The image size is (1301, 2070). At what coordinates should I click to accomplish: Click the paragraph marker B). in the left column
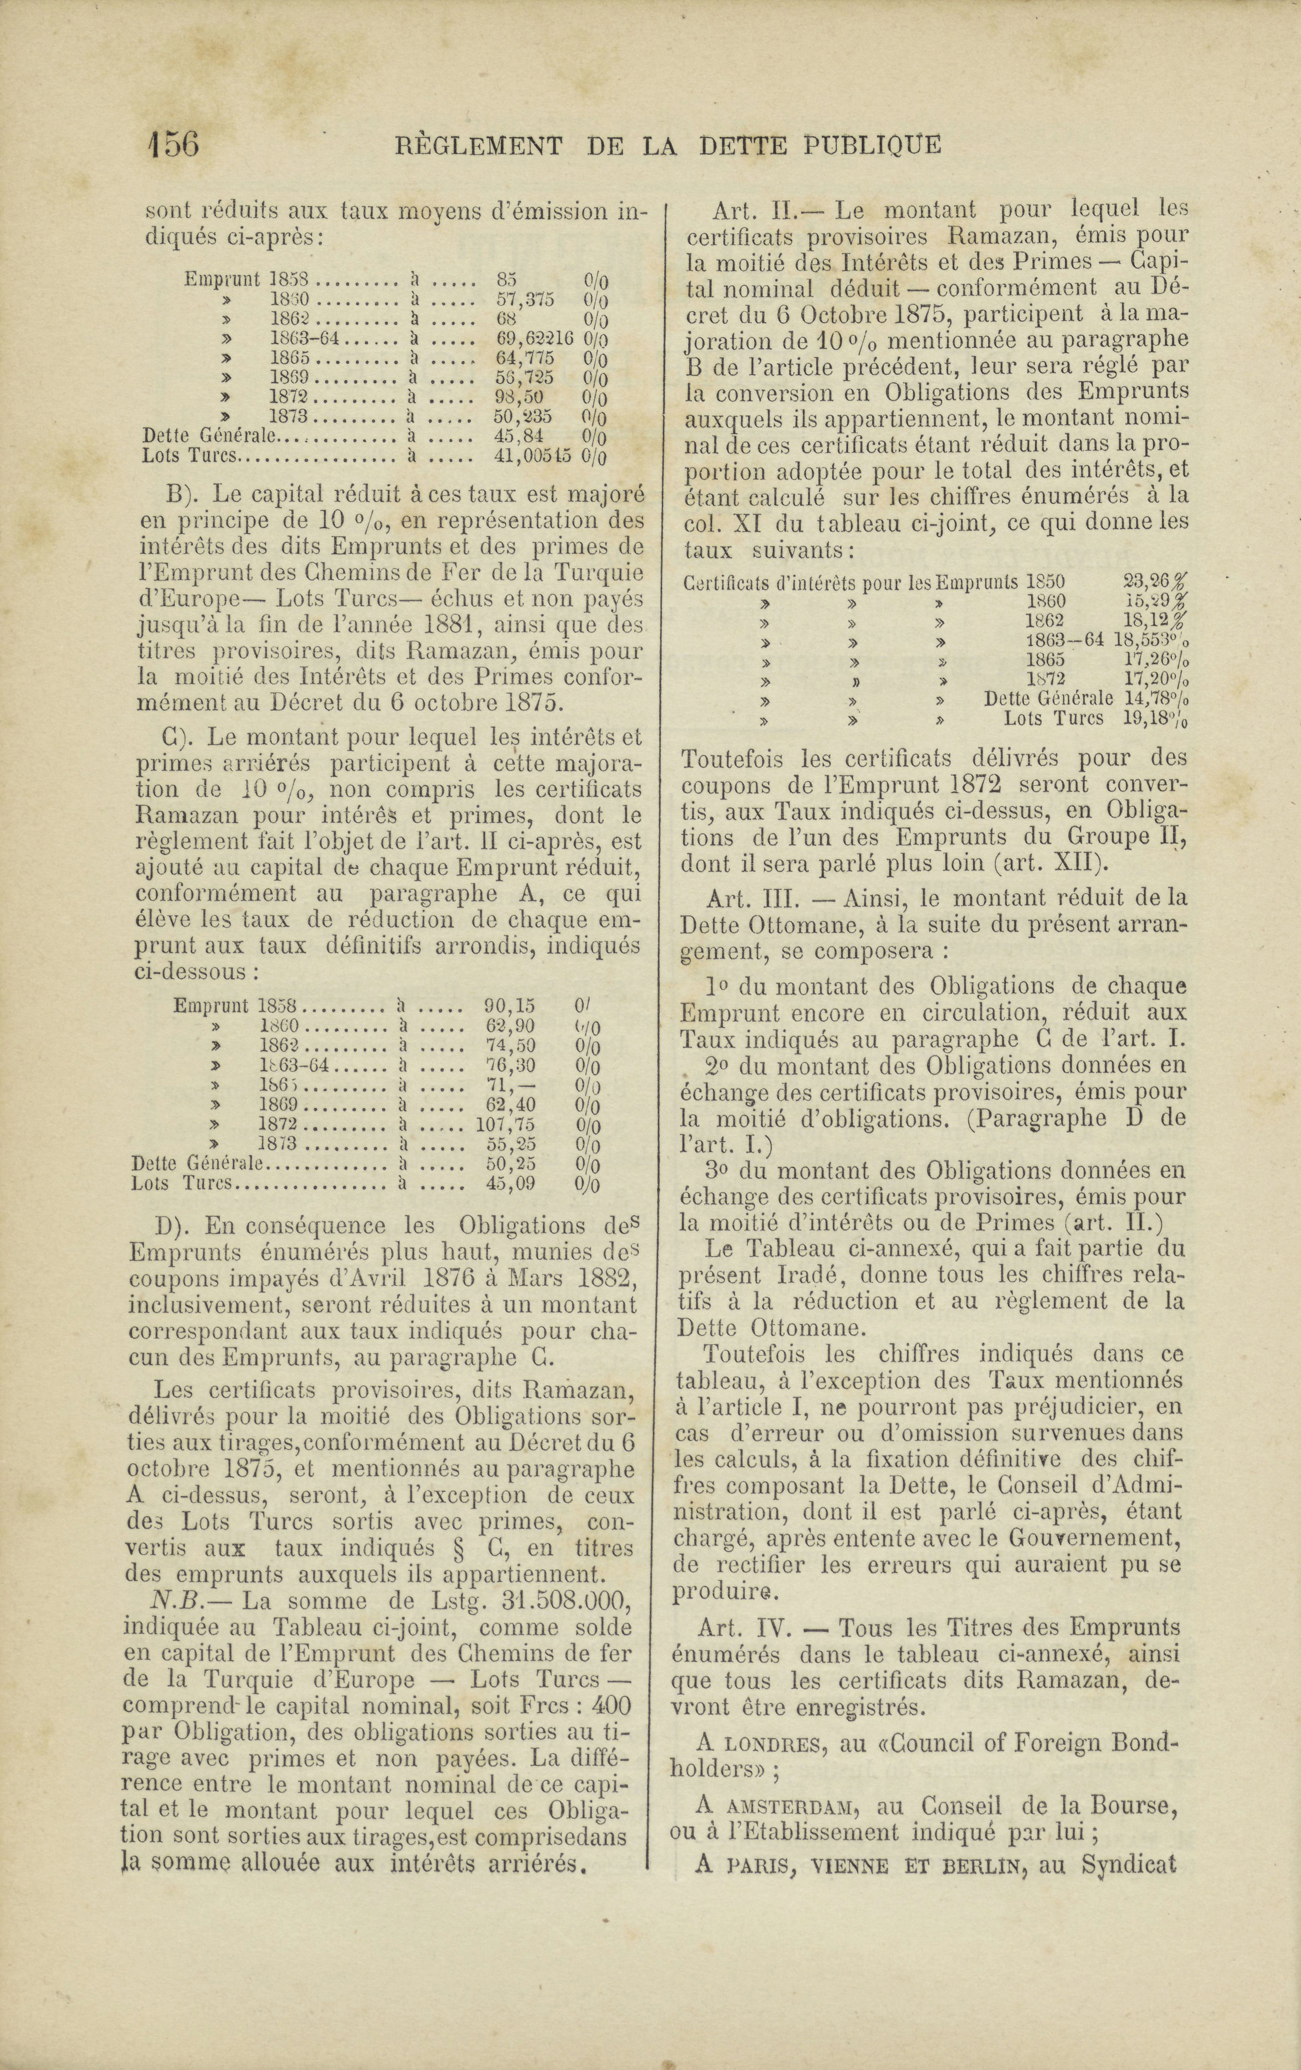(x=183, y=495)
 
